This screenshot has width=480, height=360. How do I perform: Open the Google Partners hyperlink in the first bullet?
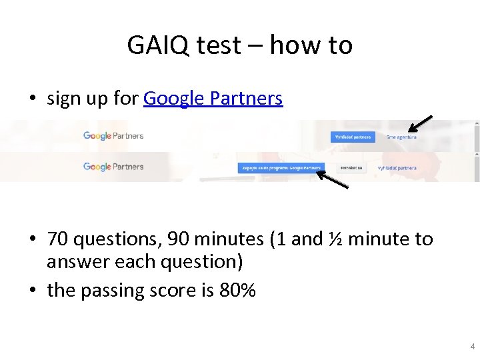coord(213,99)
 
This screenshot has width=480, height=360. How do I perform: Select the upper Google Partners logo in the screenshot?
coord(113,135)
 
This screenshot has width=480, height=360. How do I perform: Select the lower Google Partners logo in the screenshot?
coord(113,167)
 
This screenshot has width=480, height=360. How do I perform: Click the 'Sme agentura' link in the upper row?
coord(401,137)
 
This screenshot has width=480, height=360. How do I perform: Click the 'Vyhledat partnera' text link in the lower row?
coord(397,168)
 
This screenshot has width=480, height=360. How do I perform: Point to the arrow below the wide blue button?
coord(332,179)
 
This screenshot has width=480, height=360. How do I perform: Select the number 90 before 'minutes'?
coord(178,239)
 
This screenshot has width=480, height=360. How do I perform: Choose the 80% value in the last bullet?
coord(237,291)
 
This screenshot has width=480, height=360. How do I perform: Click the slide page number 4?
coord(473,347)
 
